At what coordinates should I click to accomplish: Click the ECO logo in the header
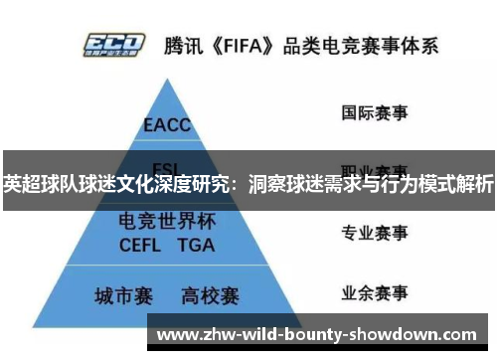tap(115, 45)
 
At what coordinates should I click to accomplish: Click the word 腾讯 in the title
tap(187, 46)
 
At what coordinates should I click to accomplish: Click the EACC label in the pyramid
tap(168, 126)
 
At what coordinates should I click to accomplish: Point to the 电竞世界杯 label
tap(168, 223)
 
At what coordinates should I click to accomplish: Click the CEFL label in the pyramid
tap(140, 245)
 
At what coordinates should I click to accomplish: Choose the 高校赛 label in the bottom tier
tap(210, 296)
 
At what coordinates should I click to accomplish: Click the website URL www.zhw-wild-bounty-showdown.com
tap(317, 334)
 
